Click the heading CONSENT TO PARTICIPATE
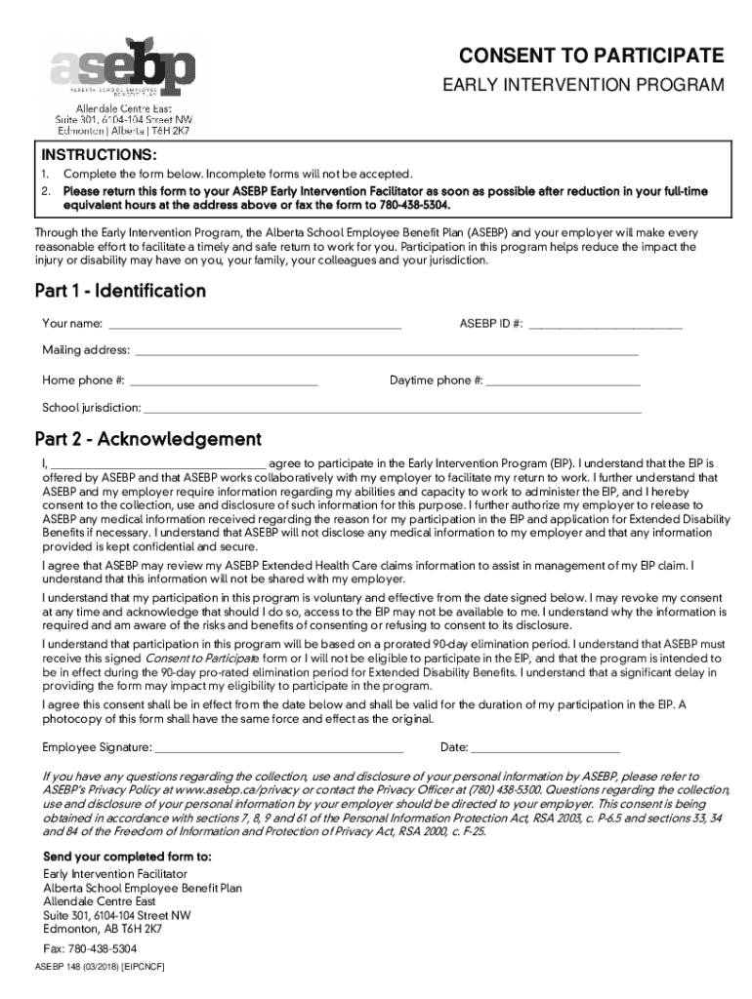pos(592,55)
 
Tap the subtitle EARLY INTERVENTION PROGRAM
pos(584,86)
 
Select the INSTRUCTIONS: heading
pos(98,155)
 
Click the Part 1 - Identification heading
pos(120,291)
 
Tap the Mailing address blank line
pos(386,351)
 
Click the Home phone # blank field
pos(224,380)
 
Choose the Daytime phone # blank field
pos(563,380)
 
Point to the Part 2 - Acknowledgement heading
pos(147,439)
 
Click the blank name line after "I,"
pos(156,463)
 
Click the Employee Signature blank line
pos(279,748)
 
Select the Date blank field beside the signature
pos(546,748)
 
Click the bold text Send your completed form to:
pos(127,857)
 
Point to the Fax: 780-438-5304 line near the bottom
pos(90,948)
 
